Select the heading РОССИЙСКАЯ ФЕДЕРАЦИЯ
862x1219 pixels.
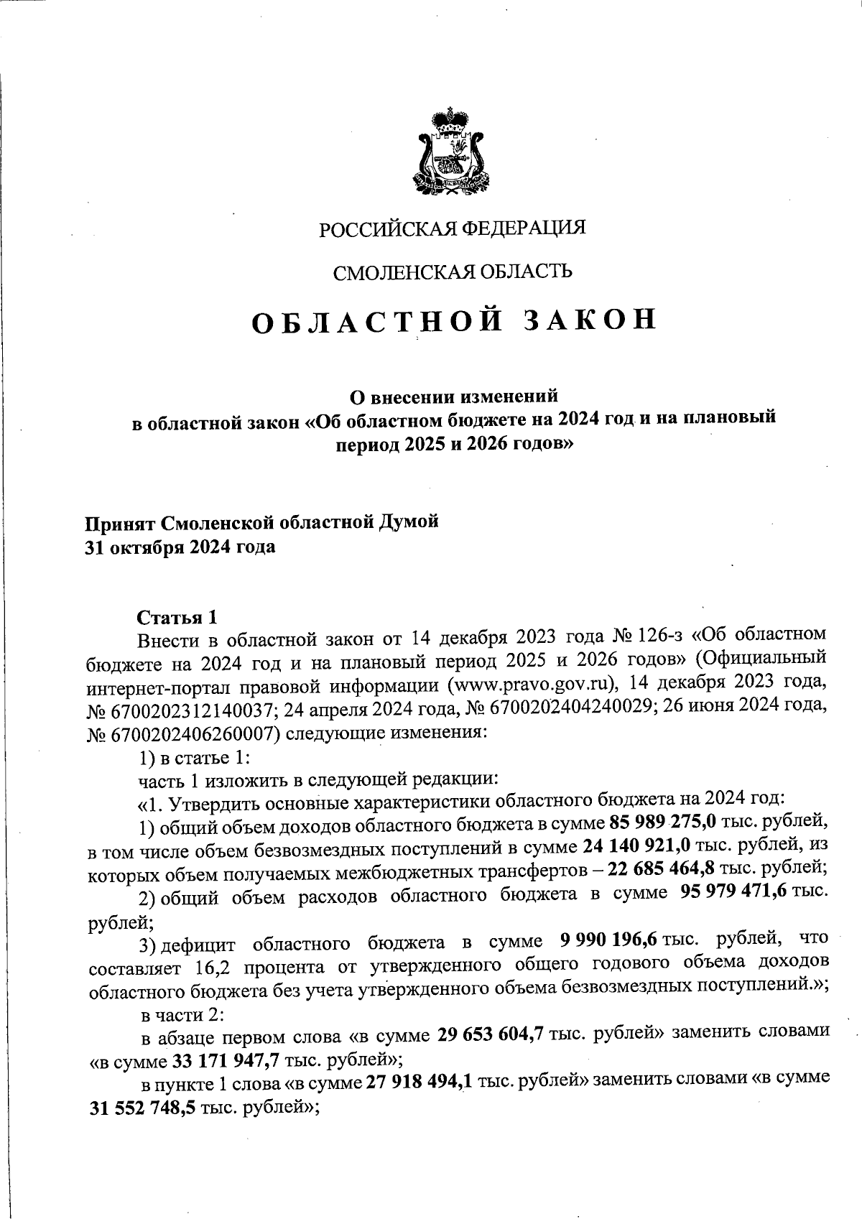[453, 228]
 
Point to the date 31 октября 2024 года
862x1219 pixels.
[180, 547]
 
